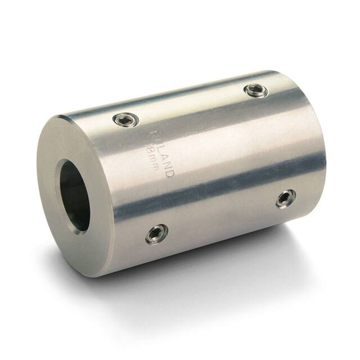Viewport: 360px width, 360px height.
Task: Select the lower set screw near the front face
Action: coord(156,234)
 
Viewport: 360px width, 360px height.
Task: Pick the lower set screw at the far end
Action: coord(285,198)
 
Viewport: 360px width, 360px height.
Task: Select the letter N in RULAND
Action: coord(168,164)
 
